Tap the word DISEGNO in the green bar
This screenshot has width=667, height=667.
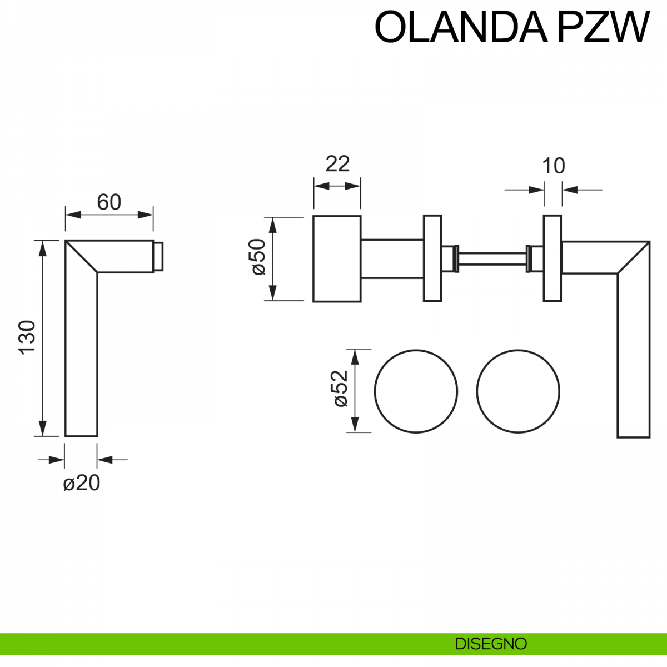pyautogui.click(x=491, y=644)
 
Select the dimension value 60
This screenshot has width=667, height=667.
pyautogui.click(x=109, y=202)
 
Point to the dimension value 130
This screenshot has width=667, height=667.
pyautogui.click(x=27, y=337)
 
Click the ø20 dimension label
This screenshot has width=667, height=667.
pyautogui.click(x=82, y=483)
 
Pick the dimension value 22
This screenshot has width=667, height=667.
pyautogui.click(x=337, y=164)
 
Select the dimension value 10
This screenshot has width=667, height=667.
pyautogui.click(x=553, y=166)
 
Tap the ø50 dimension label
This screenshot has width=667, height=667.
pyautogui.click(x=258, y=257)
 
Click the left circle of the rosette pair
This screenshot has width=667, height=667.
pyautogui.click(x=416, y=391)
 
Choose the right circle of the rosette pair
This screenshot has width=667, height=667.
pyautogui.click(x=518, y=391)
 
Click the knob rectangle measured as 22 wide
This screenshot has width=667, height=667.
pyautogui.click(x=337, y=258)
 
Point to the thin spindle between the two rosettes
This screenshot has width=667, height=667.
pyautogui.click(x=492, y=257)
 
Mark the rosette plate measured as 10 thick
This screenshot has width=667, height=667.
pyautogui.click(x=552, y=258)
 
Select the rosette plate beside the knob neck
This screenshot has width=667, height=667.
pyautogui.click(x=432, y=258)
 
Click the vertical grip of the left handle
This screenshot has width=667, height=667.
pyautogui.click(x=82, y=356)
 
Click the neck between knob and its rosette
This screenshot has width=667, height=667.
pyautogui.click(x=392, y=258)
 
